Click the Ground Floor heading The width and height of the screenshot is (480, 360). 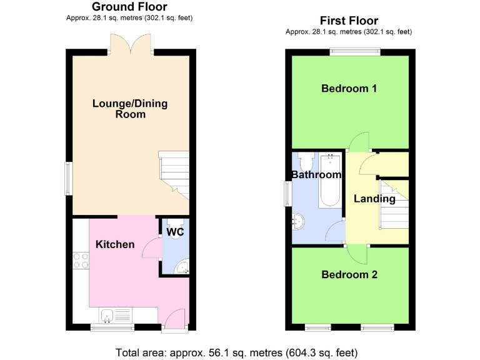(129, 7)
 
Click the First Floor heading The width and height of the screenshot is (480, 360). (349, 21)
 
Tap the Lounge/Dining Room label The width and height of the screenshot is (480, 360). (130, 109)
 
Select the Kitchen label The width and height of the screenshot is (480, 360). (115, 244)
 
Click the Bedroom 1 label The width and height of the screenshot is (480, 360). (349, 88)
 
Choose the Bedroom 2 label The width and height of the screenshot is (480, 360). (349, 274)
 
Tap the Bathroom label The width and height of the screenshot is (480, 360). (316, 174)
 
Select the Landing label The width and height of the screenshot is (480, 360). (374, 199)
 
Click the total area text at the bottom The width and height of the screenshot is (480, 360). (237, 351)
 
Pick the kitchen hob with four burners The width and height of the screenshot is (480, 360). (81, 259)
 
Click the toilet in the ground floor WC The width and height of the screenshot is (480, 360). (174, 223)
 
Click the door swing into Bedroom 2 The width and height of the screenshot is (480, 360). (357, 254)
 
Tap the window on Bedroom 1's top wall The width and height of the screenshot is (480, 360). (355, 52)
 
